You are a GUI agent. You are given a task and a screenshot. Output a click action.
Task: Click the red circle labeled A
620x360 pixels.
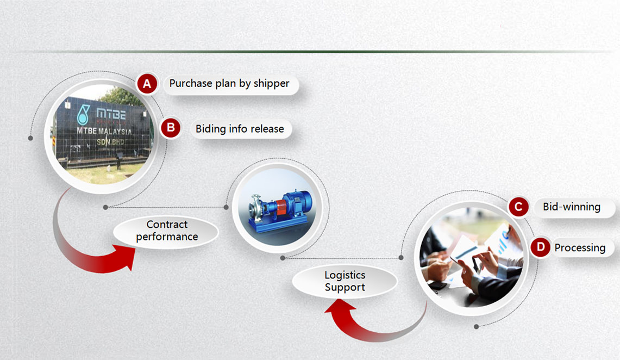click(x=147, y=83)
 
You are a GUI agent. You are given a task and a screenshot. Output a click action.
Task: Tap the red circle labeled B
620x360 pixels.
click(x=171, y=127)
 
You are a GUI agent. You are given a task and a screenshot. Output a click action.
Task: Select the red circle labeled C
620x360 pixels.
click(x=519, y=207)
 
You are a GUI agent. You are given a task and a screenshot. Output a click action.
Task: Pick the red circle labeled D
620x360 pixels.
click(x=541, y=247)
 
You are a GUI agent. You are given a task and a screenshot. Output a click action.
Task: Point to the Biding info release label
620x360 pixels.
click(x=240, y=128)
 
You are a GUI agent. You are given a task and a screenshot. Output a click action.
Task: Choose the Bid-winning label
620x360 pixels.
click(x=572, y=207)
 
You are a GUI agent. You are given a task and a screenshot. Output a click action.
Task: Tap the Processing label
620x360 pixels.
click(x=580, y=247)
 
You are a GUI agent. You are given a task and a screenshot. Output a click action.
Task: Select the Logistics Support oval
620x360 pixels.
click(x=345, y=281)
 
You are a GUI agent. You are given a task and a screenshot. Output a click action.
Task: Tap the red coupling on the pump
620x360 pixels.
click(x=281, y=208)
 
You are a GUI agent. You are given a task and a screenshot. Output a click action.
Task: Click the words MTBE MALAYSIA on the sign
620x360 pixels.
click(x=104, y=131)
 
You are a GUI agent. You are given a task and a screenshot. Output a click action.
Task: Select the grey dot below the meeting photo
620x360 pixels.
click(x=477, y=326)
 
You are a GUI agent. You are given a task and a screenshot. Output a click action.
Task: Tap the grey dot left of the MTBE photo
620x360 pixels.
click(x=30, y=138)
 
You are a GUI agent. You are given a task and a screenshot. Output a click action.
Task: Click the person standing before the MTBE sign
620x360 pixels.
click(x=118, y=162)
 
